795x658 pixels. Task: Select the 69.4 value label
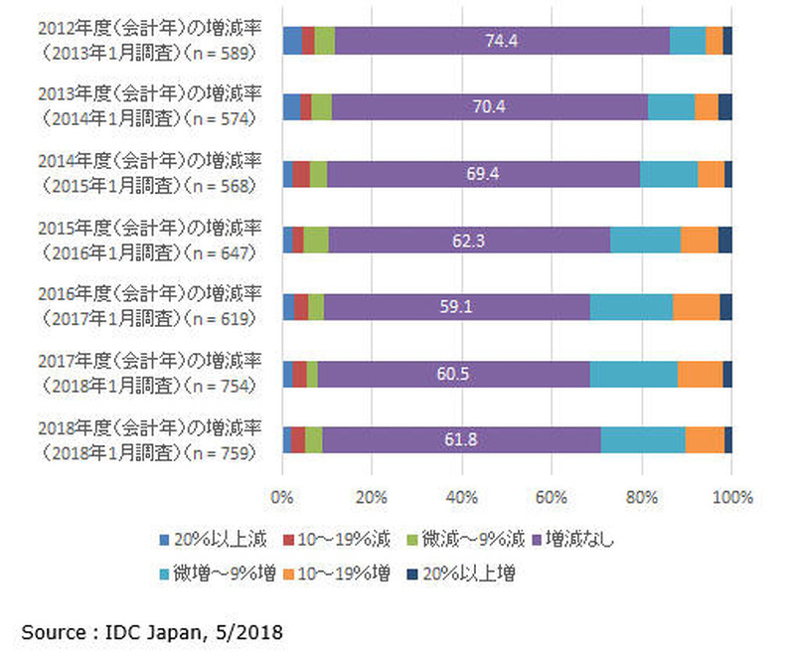[x=482, y=174]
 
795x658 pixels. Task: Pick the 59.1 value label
[x=456, y=307]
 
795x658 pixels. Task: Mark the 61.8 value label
[x=460, y=440]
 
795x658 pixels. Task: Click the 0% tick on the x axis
[x=282, y=496]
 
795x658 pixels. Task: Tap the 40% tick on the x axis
[x=462, y=496]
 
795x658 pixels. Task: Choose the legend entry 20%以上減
[x=224, y=540]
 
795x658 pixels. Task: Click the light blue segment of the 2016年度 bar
[x=631, y=307]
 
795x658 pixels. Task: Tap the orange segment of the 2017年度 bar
[x=700, y=374]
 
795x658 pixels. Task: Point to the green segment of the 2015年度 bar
[x=316, y=241]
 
